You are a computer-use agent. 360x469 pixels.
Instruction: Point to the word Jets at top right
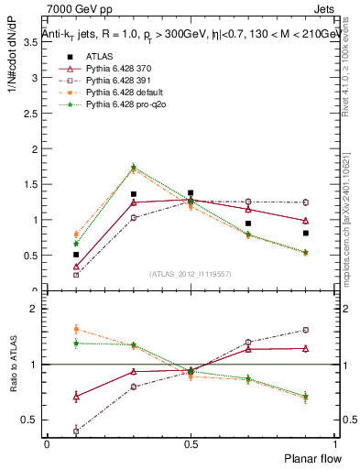click(x=324, y=8)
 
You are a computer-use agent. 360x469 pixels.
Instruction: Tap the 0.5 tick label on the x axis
click(x=190, y=444)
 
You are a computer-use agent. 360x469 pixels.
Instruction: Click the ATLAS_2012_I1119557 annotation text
click(x=191, y=274)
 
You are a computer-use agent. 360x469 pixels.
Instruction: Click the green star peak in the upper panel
click(x=134, y=168)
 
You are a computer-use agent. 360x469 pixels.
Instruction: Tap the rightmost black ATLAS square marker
click(x=305, y=233)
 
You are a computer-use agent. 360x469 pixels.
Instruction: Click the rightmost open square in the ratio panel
click(x=305, y=330)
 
